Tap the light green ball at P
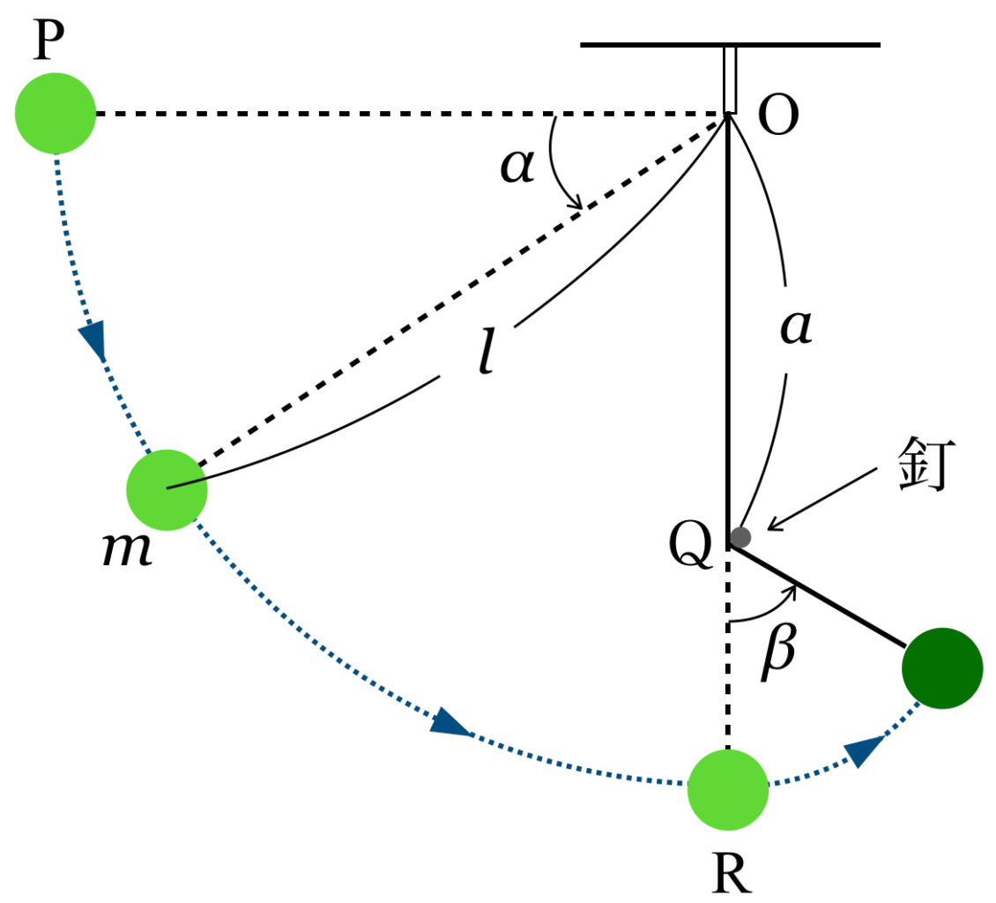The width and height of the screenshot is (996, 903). (x=55, y=113)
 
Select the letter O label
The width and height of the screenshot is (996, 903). (x=778, y=117)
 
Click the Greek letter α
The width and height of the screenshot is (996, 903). (x=517, y=165)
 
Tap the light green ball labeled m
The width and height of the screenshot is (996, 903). (x=167, y=489)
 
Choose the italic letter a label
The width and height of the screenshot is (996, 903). (x=796, y=328)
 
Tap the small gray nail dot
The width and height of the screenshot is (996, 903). (x=740, y=536)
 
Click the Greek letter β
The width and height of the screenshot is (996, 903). (x=779, y=652)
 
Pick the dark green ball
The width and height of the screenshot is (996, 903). (x=941, y=668)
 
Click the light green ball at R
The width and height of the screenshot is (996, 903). (x=728, y=789)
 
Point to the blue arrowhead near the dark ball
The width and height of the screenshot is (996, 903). (x=866, y=750)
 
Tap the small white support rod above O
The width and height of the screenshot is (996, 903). (x=730, y=79)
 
